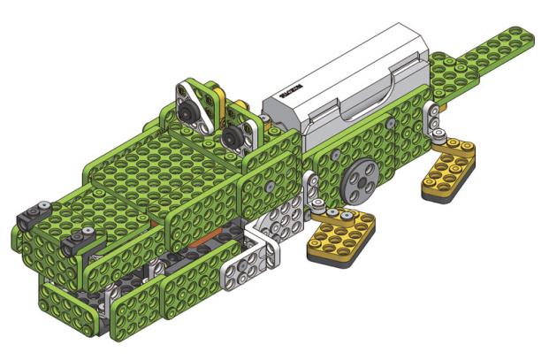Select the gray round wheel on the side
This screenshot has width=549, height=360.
pyautogui.click(x=360, y=183)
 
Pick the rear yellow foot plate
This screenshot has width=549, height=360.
pyautogui.click(x=447, y=172)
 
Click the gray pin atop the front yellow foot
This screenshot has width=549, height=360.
pyautogui.click(x=350, y=217)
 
